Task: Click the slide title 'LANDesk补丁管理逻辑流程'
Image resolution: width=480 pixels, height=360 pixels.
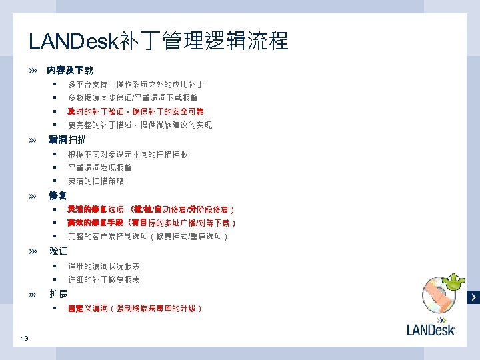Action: [x=159, y=41]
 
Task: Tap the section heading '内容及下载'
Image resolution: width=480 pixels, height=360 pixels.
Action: [x=70, y=70]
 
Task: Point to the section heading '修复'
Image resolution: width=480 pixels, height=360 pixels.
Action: [x=58, y=195]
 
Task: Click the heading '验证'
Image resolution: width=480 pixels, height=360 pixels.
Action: [x=59, y=251]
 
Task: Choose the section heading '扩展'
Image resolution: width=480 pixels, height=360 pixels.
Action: [x=59, y=294]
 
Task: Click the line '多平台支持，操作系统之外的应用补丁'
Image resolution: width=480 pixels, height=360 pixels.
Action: [x=135, y=85]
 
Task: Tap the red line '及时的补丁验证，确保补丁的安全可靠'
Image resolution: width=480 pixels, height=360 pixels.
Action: [x=135, y=111]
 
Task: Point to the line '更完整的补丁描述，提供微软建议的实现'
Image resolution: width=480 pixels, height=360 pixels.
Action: [x=140, y=125]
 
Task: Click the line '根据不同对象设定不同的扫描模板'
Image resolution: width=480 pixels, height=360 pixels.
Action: [x=127, y=154]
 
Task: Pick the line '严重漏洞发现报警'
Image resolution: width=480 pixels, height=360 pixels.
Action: [x=99, y=167]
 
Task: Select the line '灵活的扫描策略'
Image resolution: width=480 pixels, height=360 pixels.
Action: [x=96, y=181]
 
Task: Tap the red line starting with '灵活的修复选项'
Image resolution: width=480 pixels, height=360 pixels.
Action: [x=150, y=210]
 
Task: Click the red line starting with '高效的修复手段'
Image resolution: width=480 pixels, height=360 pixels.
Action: [x=151, y=223]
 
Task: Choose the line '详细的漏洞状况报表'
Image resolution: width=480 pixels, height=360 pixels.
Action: [x=103, y=266]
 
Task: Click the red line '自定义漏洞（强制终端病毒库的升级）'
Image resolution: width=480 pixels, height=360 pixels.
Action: [x=135, y=309]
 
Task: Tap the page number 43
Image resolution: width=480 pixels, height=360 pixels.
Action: [x=24, y=339]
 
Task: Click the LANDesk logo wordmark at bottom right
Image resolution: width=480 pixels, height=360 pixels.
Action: [x=431, y=329]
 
